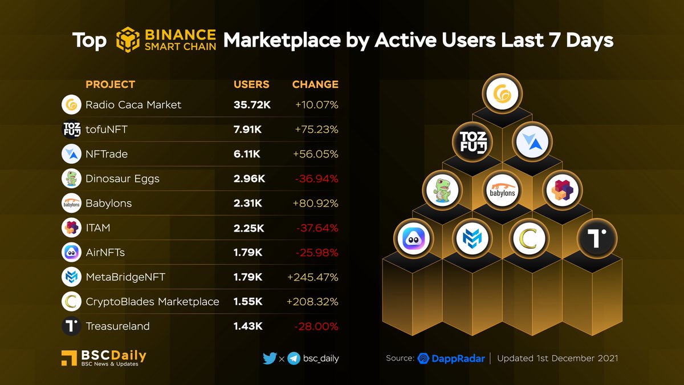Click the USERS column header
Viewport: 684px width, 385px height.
pos(251,84)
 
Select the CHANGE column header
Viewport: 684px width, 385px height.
pos(315,84)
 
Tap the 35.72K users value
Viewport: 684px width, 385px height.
pos(251,105)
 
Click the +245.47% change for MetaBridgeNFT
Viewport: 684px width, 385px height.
pos(313,277)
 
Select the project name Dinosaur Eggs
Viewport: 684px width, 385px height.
pos(122,179)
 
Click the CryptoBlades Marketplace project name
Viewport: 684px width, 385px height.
pos(152,302)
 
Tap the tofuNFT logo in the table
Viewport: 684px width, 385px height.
pos(71,129)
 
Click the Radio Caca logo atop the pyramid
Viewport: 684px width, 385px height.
pos(502,93)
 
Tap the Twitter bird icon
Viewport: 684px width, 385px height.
pos(270,359)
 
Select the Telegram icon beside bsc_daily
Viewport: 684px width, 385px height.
pos(294,359)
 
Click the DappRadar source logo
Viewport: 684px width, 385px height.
pos(451,359)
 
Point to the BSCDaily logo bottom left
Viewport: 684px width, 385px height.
pos(104,358)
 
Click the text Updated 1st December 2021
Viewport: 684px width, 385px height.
pos(557,359)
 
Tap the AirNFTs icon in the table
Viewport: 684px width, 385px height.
pos(71,253)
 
